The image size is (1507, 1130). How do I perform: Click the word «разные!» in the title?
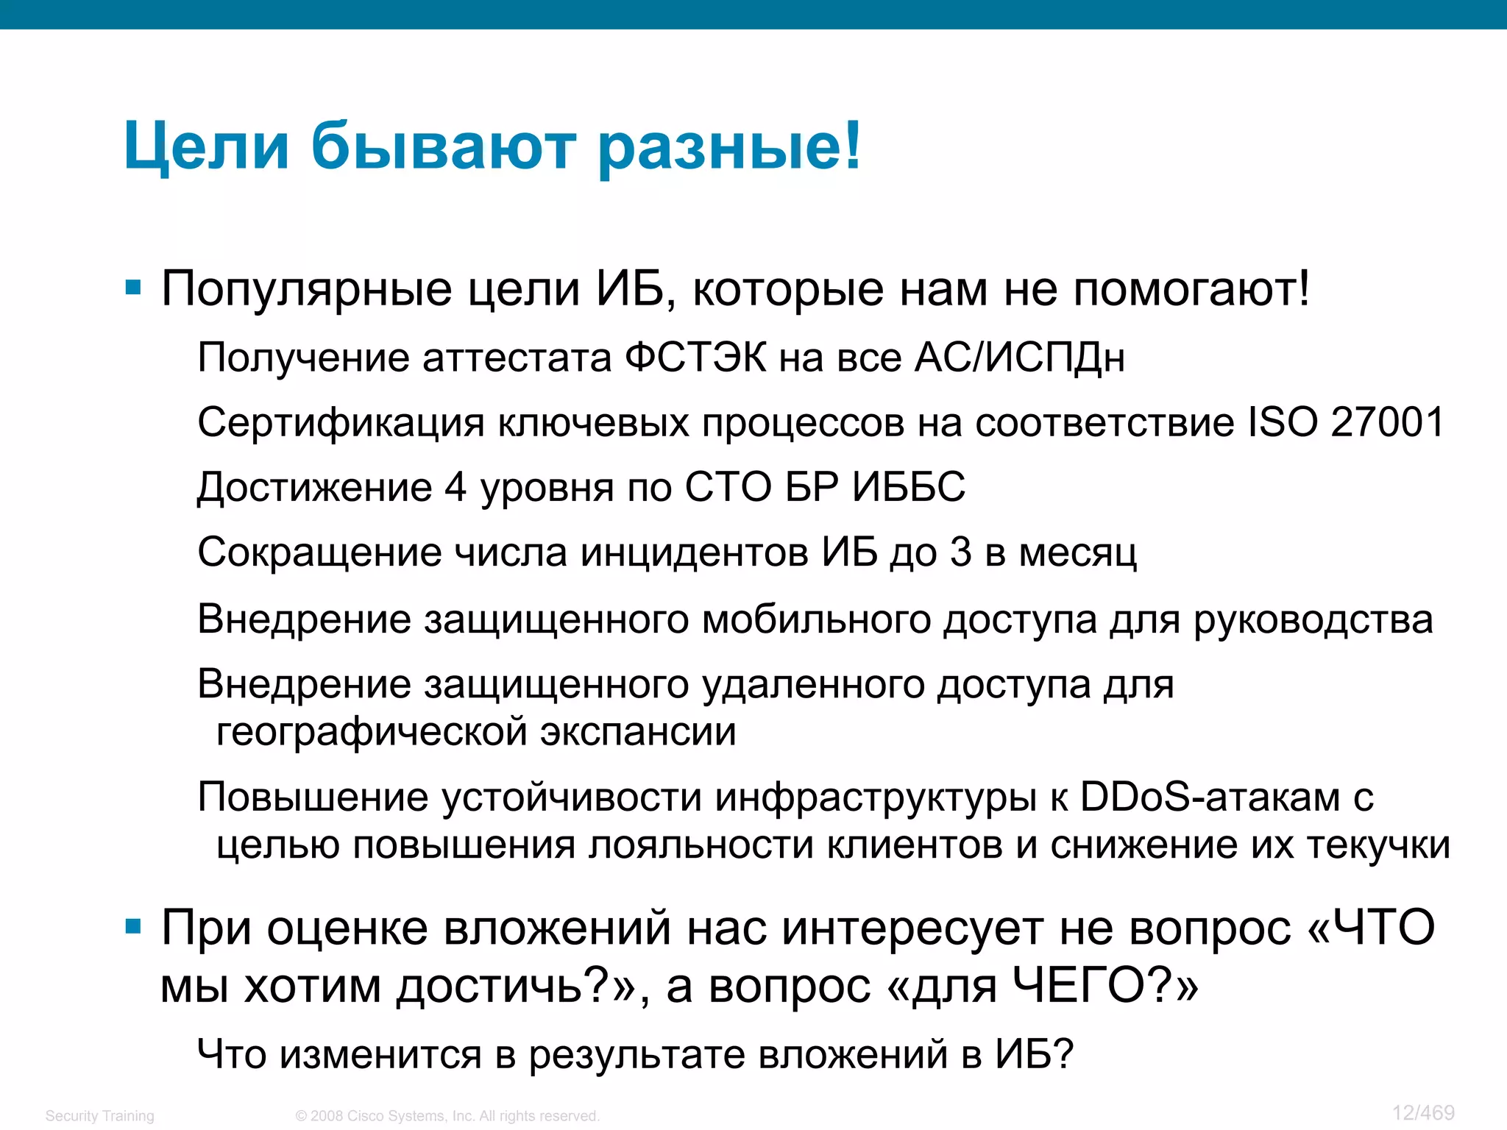pos(728,147)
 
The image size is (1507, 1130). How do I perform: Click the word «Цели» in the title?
pos(207,147)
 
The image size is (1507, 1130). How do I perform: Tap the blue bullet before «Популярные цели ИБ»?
pos(133,288)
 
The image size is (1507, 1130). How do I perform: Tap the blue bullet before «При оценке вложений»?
pos(133,926)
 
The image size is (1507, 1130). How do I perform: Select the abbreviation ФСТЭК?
pos(695,358)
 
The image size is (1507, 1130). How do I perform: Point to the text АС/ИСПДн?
pos(1019,358)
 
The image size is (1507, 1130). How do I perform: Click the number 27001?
pos(1388,422)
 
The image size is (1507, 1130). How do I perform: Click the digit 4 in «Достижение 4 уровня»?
pos(455,487)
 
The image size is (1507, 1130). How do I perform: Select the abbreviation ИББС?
pos(909,487)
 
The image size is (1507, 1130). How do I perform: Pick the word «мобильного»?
pos(817,619)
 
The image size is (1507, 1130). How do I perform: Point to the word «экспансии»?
pos(638,732)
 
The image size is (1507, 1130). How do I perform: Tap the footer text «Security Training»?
pos(100,1116)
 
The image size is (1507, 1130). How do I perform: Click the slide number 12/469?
pos(1423,1113)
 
